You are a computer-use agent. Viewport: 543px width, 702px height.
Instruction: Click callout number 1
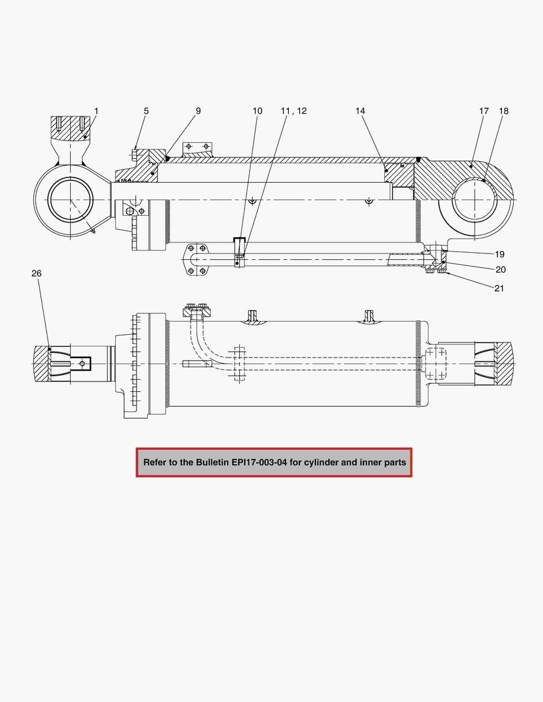(x=96, y=111)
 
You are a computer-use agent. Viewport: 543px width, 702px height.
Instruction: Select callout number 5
(x=146, y=111)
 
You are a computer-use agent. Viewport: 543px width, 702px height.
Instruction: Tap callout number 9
(x=198, y=111)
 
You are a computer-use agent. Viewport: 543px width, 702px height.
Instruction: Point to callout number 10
(x=258, y=111)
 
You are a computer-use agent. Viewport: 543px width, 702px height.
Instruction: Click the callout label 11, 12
(x=294, y=111)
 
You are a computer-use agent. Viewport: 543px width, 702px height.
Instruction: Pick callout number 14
(x=360, y=111)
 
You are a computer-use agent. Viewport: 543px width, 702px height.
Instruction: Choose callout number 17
(x=484, y=111)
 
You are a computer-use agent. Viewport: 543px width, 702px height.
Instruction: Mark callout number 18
(x=504, y=111)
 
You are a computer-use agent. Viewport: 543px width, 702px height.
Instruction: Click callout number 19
(x=499, y=254)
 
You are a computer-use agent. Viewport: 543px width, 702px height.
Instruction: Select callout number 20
(x=500, y=269)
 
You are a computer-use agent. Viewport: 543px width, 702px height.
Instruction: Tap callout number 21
(x=499, y=288)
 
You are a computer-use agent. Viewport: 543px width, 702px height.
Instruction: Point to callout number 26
(x=36, y=274)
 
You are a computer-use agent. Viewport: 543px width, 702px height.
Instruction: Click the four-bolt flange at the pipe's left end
(x=196, y=259)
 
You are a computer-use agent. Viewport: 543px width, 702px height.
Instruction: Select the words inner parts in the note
(x=384, y=462)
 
